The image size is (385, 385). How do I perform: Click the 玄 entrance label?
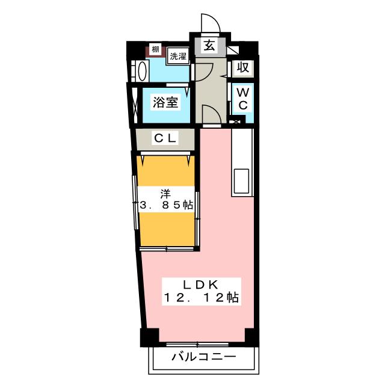[x=208, y=46]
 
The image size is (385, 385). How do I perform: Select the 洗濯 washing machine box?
[x=177, y=57]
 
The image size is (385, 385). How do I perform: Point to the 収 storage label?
[x=242, y=67]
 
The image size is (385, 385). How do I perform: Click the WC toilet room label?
[x=242, y=99]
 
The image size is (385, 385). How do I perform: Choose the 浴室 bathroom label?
[x=165, y=102]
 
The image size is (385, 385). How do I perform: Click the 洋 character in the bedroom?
[x=165, y=194]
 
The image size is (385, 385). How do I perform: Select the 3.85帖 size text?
[x=167, y=206]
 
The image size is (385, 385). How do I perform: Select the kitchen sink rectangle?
[x=242, y=182]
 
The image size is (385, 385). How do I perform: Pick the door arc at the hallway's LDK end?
[x=211, y=112]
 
